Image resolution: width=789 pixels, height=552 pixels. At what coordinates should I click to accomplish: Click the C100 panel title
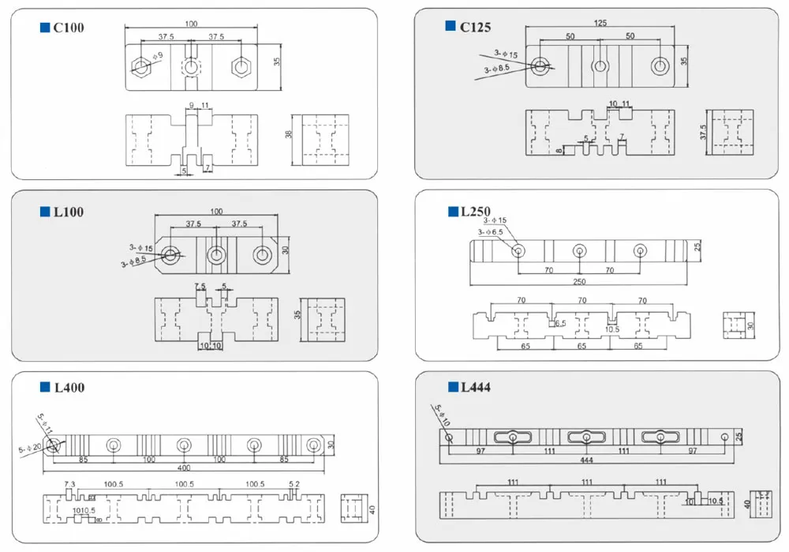click(x=68, y=28)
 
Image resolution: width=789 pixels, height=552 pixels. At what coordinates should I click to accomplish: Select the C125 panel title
click(x=476, y=28)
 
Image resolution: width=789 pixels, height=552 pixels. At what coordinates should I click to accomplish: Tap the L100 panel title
click(x=68, y=212)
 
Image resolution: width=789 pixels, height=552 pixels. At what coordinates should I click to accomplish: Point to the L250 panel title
click(x=475, y=212)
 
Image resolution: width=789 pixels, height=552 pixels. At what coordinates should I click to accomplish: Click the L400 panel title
click(x=69, y=388)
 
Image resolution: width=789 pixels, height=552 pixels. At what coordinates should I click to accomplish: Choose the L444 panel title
click(x=476, y=387)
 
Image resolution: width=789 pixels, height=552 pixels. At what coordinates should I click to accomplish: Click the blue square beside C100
click(x=45, y=28)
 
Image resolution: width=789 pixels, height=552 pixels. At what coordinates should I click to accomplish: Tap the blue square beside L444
click(x=453, y=387)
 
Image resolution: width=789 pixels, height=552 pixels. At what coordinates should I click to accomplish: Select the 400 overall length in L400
click(x=184, y=468)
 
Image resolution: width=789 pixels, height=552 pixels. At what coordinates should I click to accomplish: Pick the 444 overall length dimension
click(x=587, y=459)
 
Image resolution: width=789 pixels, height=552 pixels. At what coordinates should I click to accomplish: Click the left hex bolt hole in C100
click(x=141, y=66)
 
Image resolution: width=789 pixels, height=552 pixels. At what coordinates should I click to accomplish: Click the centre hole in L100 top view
click(x=216, y=255)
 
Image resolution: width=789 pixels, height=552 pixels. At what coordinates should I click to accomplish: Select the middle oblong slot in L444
click(x=587, y=437)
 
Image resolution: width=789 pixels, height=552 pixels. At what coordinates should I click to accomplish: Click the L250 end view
click(x=735, y=325)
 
